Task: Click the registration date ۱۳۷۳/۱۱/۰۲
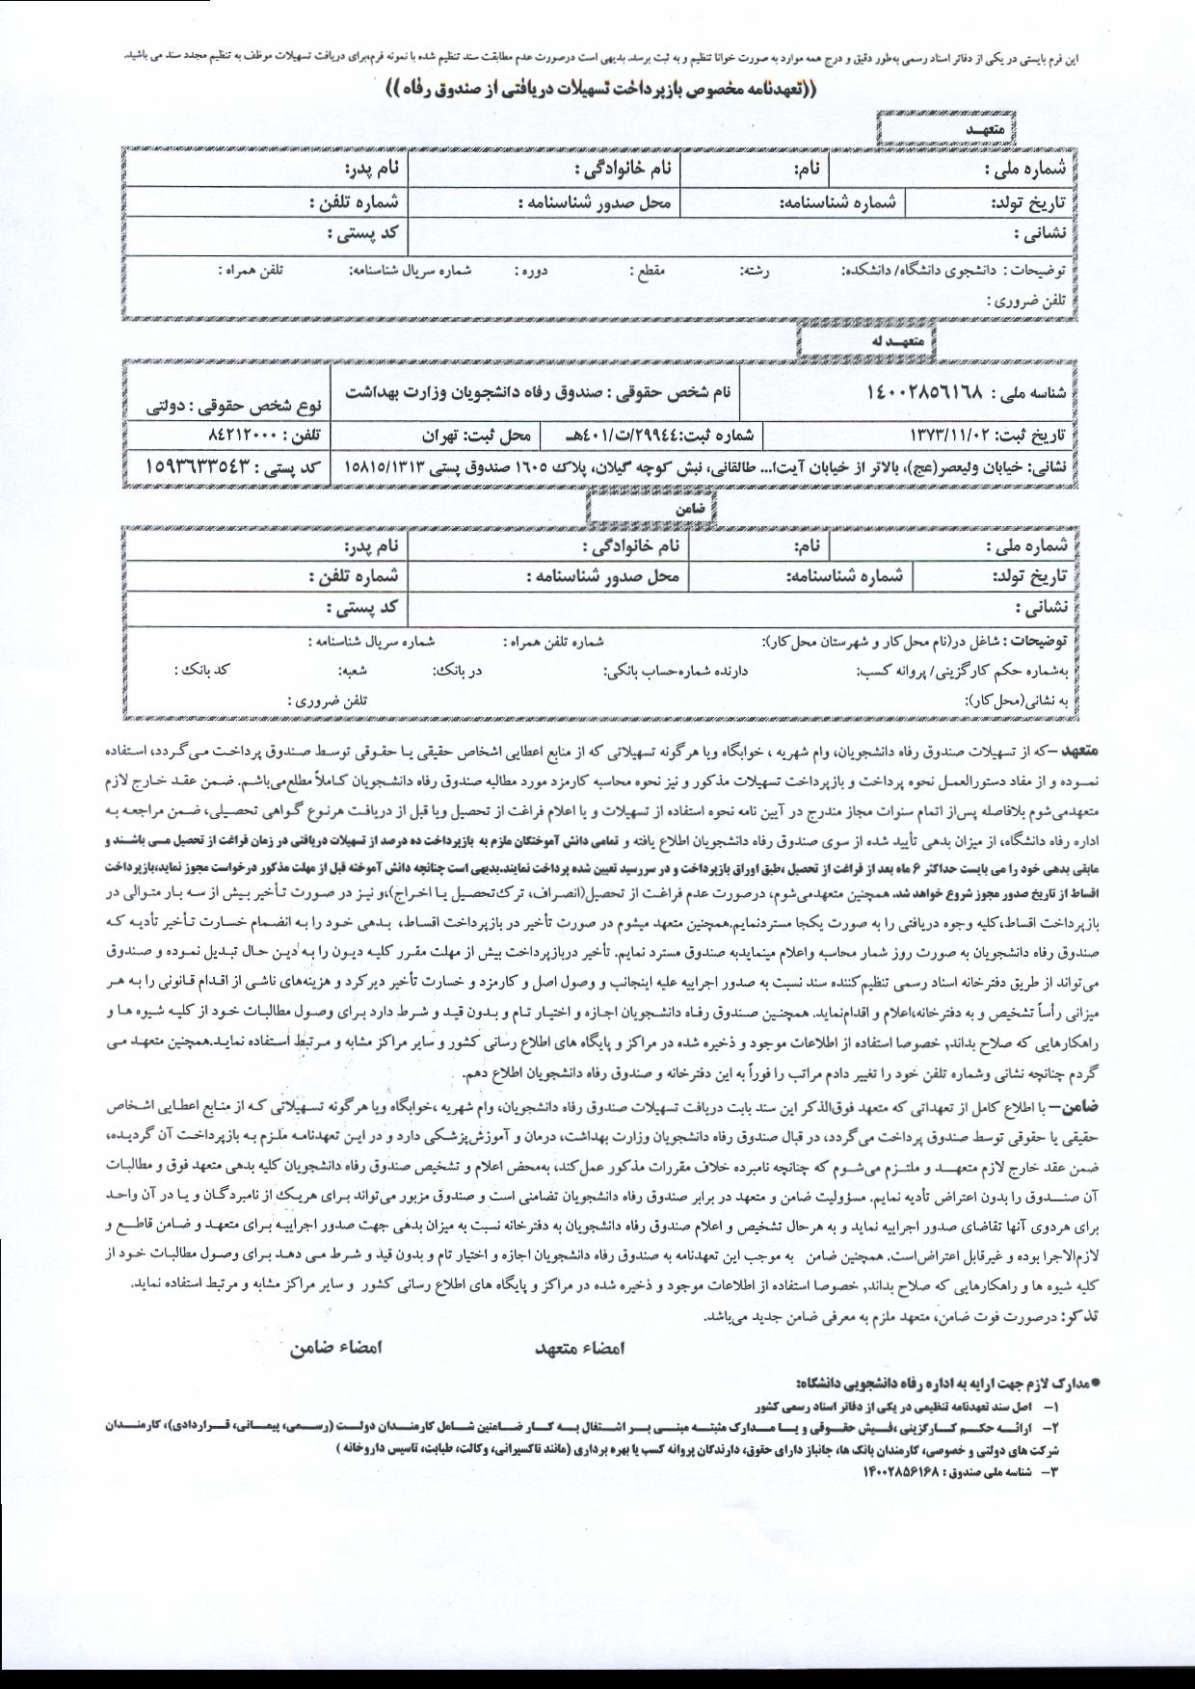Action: pyautogui.click(x=953, y=435)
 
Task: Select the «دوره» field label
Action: pyautogui.click(x=531, y=272)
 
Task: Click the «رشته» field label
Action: pyautogui.click(x=754, y=272)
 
